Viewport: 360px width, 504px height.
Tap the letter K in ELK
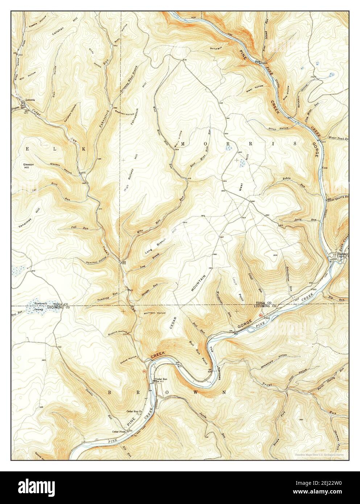84,149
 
